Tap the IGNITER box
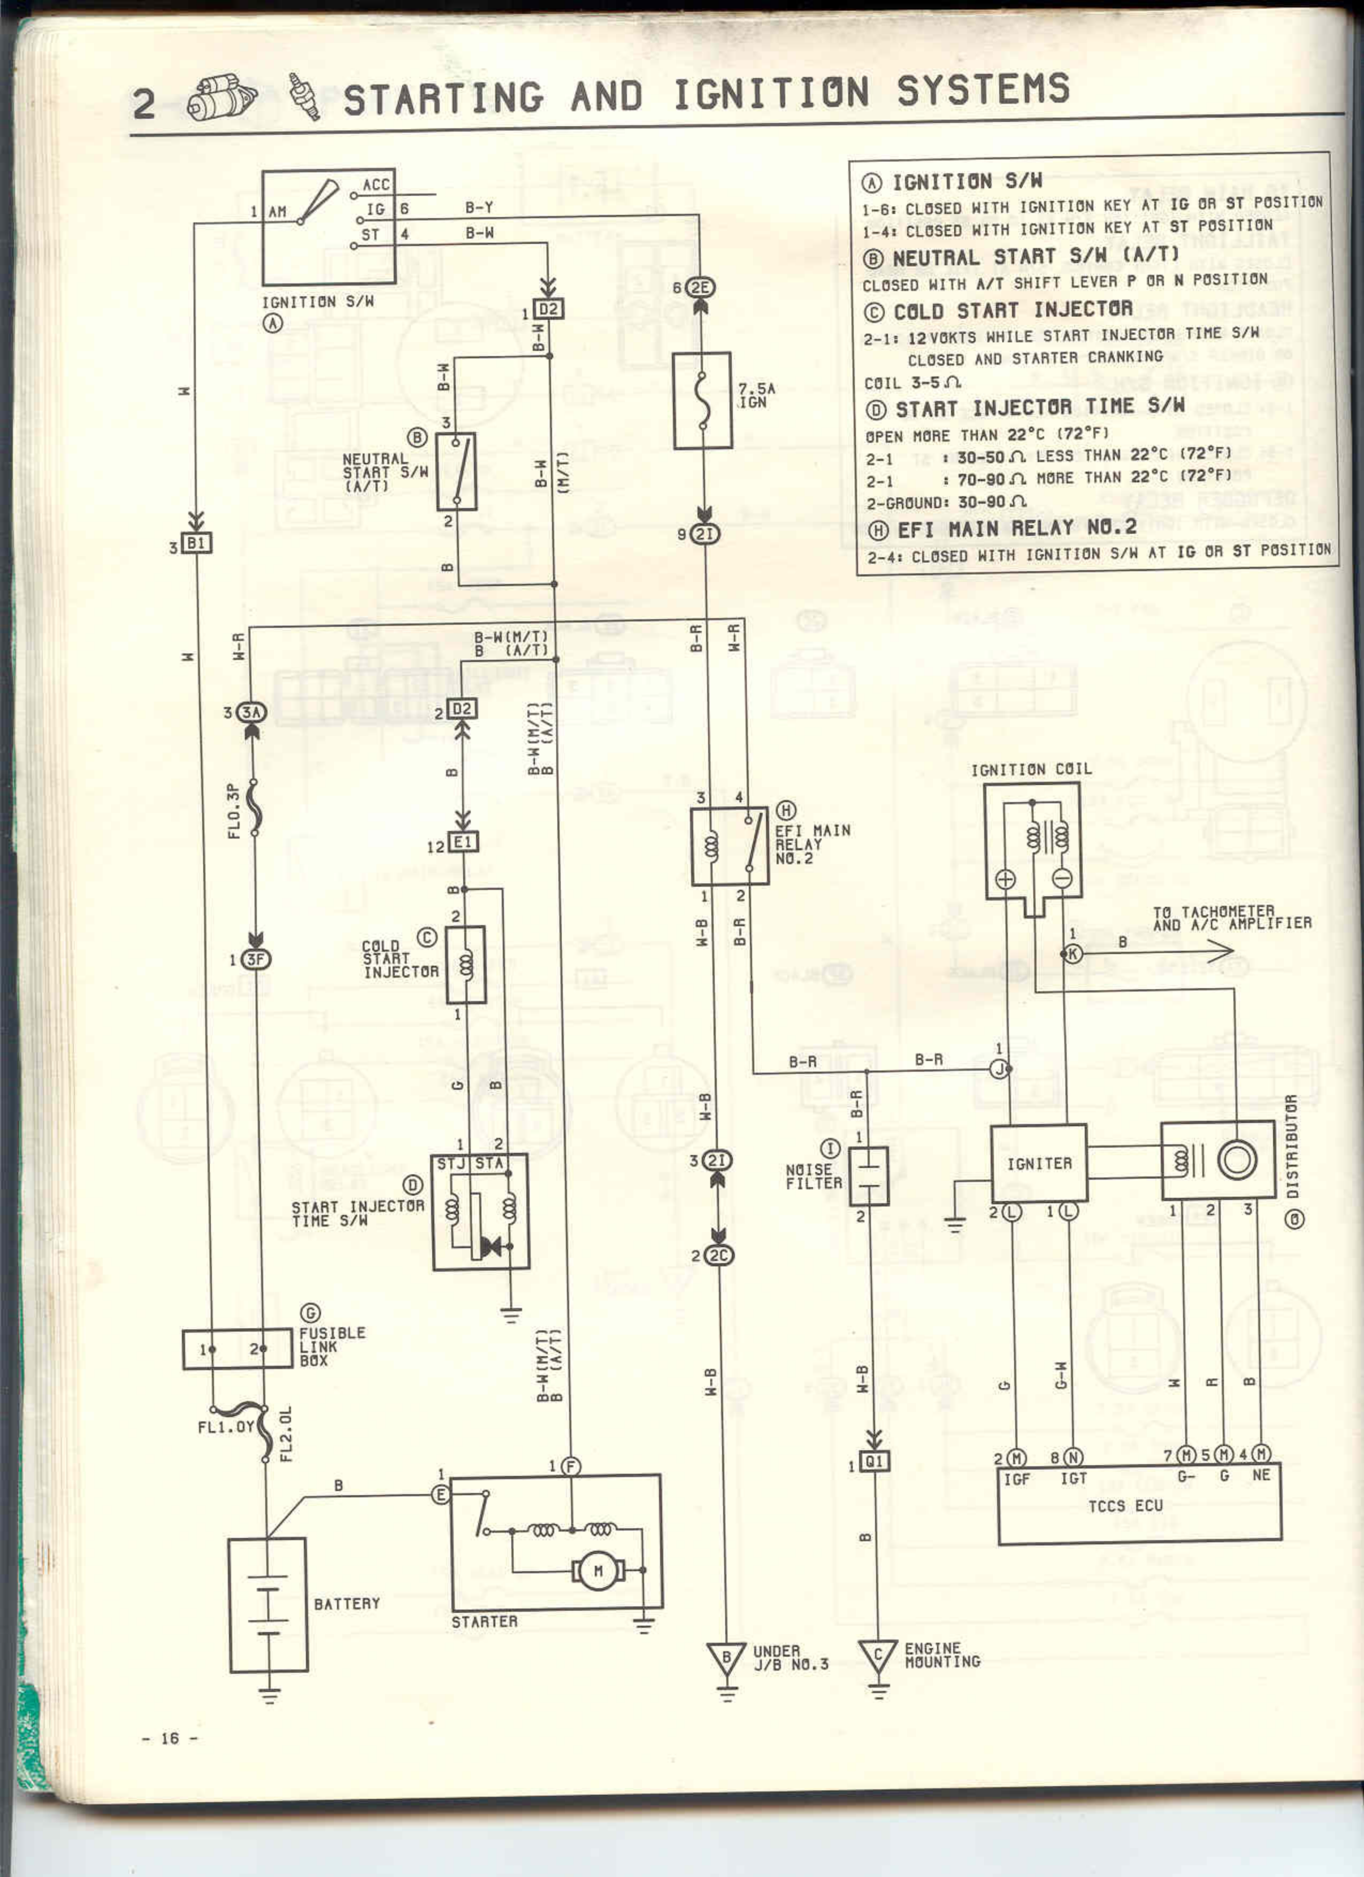click(x=1039, y=1164)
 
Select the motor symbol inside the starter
click(x=597, y=1570)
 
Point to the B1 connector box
click(x=196, y=543)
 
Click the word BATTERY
click(x=347, y=1604)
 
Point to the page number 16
click(x=170, y=1738)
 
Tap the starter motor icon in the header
click(x=221, y=98)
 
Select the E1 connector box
click(x=463, y=842)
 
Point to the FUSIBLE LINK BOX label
click(x=331, y=1347)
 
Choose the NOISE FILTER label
click(x=813, y=1176)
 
